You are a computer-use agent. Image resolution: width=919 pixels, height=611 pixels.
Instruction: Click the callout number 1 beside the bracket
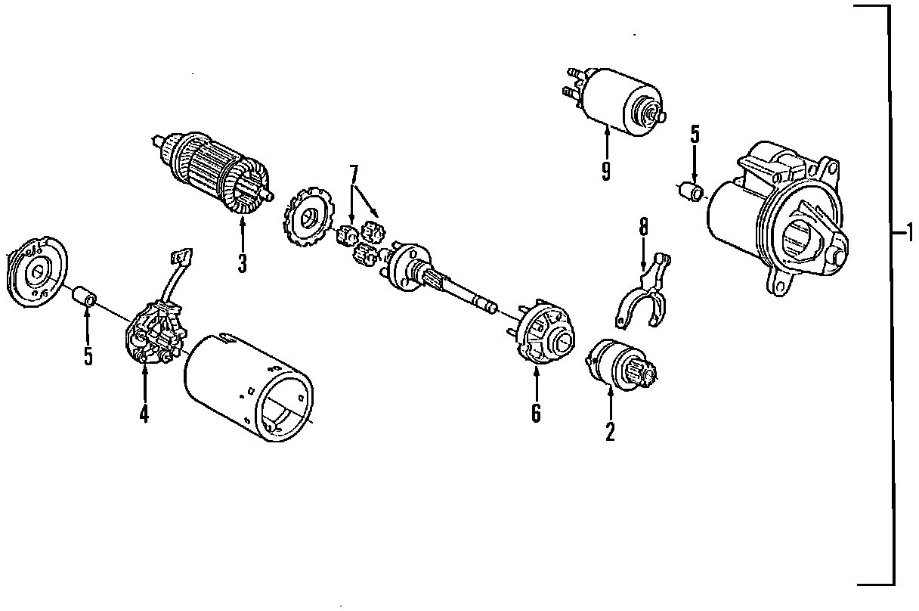point(910,232)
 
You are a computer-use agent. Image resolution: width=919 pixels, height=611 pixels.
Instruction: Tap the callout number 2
point(609,430)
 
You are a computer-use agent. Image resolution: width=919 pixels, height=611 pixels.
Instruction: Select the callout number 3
point(242,262)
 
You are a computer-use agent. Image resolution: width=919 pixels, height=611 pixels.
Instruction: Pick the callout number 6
point(536,412)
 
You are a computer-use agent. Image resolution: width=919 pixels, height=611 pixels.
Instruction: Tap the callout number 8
point(643,228)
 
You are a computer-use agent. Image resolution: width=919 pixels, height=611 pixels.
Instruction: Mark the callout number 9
point(605,169)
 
